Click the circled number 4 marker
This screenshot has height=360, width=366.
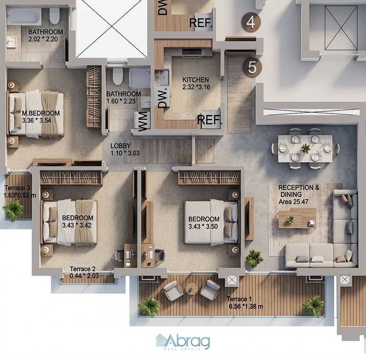click(251, 22)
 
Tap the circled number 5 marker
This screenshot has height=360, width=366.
click(252, 67)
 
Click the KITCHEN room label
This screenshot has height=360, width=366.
click(196, 80)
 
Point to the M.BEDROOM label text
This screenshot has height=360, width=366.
click(41, 113)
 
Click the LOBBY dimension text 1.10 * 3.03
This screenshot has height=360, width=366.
click(125, 153)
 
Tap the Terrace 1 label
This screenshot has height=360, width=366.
click(239, 299)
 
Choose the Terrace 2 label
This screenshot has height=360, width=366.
click(82, 269)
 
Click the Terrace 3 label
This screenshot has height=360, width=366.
click(17, 188)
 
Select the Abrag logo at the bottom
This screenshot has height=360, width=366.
click(183, 342)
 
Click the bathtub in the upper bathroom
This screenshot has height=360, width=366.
click(24, 16)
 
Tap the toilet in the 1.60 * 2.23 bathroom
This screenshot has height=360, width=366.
click(117, 76)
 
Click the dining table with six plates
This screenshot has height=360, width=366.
click(306, 148)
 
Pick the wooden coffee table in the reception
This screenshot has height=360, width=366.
click(297, 218)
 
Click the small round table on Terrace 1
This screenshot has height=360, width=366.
click(191, 289)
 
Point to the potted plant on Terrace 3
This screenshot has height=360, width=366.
click(14, 210)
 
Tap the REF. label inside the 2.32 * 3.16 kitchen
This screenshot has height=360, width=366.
click(209, 120)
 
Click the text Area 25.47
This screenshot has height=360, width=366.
click(294, 202)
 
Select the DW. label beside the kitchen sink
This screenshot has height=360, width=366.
click(163, 98)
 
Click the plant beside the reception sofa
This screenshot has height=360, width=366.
click(254, 258)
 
